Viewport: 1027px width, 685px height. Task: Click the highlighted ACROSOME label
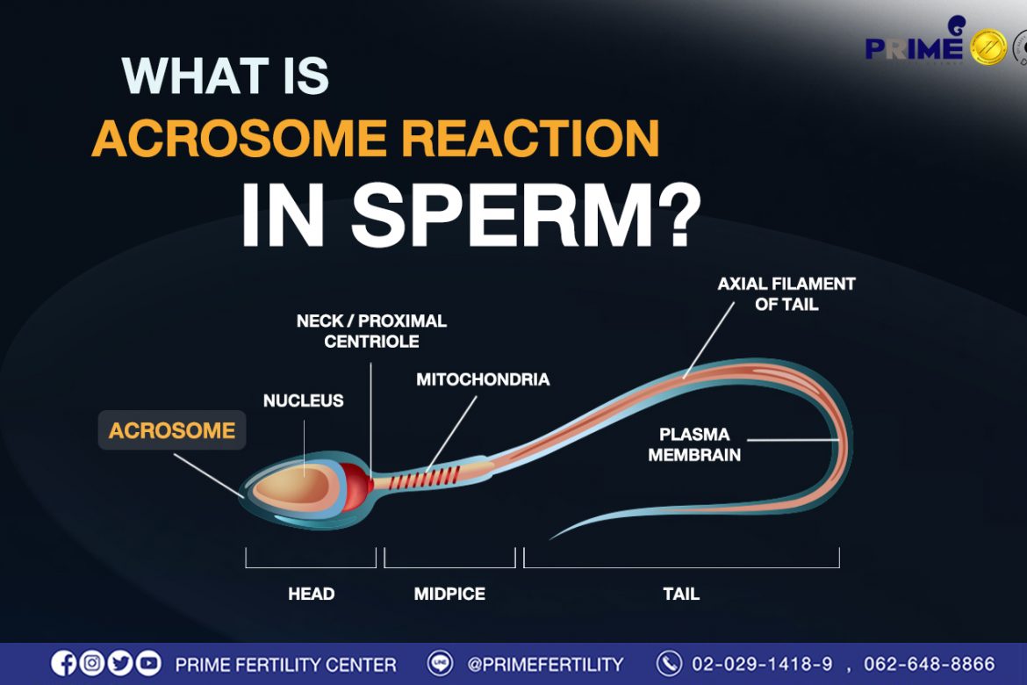(x=171, y=430)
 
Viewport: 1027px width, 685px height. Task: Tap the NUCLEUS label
(x=303, y=400)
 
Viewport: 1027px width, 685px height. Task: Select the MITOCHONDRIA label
(x=483, y=379)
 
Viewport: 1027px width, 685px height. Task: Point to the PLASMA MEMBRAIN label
(x=694, y=444)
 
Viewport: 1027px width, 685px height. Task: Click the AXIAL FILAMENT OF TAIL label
(x=786, y=293)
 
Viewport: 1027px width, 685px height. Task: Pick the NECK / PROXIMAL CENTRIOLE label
(x=371, y=331)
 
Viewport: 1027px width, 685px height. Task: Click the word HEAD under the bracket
(x=311, y=594)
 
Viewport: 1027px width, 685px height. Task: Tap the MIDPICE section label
(x=449, y=594)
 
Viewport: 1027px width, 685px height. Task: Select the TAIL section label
(x=681, y=594)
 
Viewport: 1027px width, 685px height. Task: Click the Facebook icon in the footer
(x=63, y=663)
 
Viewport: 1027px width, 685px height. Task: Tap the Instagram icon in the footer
(x=91, y=663)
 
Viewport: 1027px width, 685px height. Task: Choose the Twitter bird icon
(x=120, y=663)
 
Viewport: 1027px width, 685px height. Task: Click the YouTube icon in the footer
(x=148, y=663)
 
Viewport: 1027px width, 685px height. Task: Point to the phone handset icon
(x=669, y=663)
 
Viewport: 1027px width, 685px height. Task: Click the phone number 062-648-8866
(x=929, y=664)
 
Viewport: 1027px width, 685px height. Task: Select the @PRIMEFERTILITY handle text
(x=545, y=665)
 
